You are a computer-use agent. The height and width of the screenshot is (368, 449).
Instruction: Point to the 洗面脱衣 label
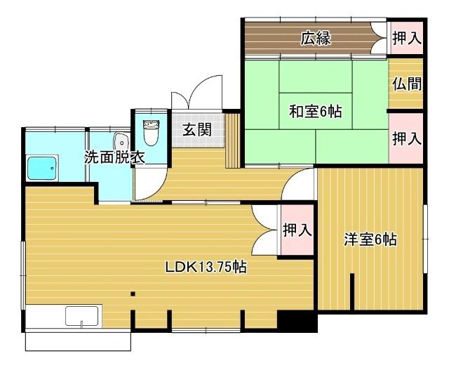coord(114,158)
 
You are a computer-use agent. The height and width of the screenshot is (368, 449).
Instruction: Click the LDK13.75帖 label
coord(205,267)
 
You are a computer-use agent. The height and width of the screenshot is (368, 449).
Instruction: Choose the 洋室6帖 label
coord(370,240)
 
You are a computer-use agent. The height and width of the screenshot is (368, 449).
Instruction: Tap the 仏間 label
coord(407,84)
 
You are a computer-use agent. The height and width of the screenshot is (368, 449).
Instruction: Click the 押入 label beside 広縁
coord(407,39)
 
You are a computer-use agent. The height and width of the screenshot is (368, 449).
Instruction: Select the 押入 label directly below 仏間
coord(407,138)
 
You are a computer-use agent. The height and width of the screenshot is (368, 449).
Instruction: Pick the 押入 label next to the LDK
coord(297,230)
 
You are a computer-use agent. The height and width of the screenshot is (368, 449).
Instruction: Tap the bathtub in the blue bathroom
coord(43,169)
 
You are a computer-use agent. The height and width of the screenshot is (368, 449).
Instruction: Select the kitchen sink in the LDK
coord(83,317)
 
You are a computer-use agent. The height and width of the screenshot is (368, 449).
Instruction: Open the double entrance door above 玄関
coord(197,93)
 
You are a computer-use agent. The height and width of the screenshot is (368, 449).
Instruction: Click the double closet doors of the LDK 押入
coord(265,230)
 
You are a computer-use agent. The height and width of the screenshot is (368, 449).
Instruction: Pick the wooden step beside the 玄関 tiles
coord(233,141)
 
